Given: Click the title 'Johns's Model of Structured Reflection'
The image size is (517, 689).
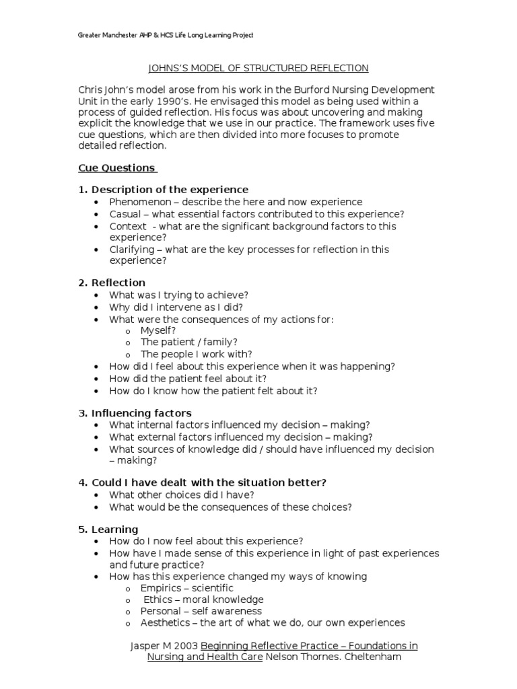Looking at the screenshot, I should (258, 68).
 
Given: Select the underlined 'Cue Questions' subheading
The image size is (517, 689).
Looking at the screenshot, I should (117, 168).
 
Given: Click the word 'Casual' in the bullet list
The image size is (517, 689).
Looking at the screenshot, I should (125, 214).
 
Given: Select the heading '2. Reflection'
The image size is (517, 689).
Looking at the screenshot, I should (112, 283).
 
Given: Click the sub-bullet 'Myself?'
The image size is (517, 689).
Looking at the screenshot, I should (158, 330).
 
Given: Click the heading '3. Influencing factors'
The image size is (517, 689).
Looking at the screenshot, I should (135, 413).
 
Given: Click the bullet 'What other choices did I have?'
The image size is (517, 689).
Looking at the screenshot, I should (181, 495).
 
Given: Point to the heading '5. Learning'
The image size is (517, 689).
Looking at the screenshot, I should (108, 529).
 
